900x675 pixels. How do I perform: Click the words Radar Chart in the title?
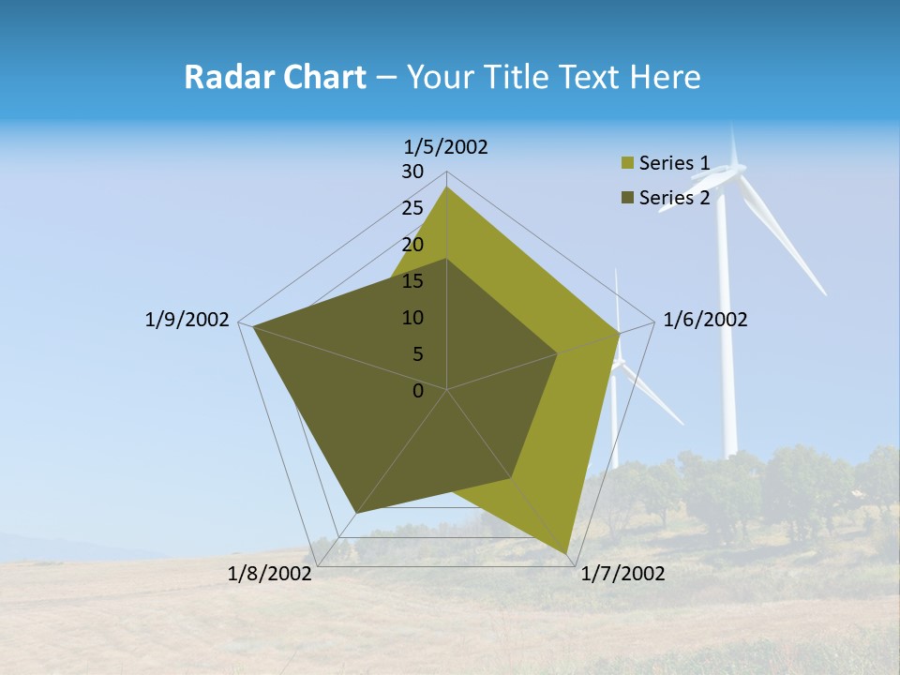coord(275,77)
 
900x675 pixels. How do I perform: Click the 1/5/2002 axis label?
coord(446,146)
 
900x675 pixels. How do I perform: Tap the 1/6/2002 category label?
coord(705,320)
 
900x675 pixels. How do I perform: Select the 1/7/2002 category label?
coord(622,573)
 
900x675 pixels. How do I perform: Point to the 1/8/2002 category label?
coord(270,573)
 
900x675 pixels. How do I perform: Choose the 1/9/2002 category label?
coord(187,320)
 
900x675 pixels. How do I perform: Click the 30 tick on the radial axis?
coord(412,172)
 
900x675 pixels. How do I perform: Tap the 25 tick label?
coord(412,208)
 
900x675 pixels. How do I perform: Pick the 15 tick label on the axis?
coord(412,281)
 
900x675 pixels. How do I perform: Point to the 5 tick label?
coord(417,354)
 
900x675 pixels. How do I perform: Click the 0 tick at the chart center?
coord(418,390)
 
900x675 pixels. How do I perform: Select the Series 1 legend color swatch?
coord(627,164)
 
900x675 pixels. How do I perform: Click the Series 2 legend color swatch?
coord(627,198)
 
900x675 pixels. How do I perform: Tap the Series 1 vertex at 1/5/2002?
coord(446,187)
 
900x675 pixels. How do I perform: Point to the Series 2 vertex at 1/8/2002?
coord(355,513)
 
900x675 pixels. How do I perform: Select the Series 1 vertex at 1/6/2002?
coord(620,333)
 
